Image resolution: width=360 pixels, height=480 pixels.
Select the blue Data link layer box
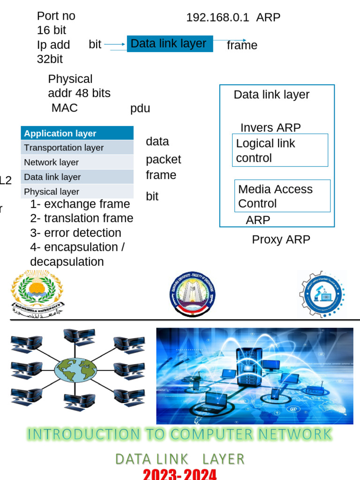click(x=170, y=44)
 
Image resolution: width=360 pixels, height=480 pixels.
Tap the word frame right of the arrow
click(x=242, y=45)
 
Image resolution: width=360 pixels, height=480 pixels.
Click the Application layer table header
click(x=77, y=134)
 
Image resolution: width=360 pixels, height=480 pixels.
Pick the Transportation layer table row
click(x=77, y=148)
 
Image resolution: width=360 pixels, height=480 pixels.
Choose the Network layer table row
click(x=77, y=163)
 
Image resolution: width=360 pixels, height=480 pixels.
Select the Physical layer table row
click(x=77, y=192)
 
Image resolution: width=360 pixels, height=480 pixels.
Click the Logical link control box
click(x=280, y=150)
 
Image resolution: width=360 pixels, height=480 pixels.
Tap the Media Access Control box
click(x=282, y=196)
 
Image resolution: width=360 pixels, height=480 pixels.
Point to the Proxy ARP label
click(x=281, y=240)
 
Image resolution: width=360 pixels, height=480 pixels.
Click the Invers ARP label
click(x=270, y=127)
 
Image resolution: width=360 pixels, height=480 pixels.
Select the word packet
click(x=163, y=159)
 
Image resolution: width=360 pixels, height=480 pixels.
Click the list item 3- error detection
click(x=75, y=233)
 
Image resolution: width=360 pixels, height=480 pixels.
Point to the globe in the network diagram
click(x=75, y=370)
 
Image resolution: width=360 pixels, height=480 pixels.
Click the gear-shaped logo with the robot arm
click(x=322, y=294)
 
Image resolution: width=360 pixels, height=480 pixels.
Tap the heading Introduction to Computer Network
click(x=180, y=435)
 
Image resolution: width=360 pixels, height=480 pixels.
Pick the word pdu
click(x=140, y=109)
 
